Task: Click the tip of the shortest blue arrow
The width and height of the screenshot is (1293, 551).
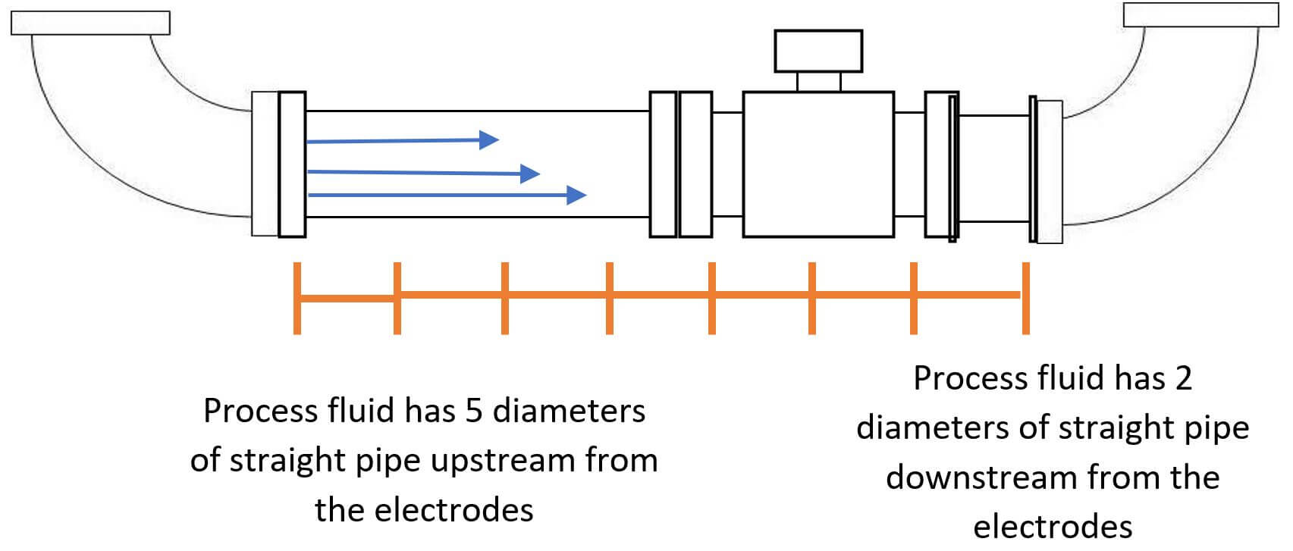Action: (498, 139)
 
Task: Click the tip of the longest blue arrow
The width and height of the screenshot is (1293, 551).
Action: (585, 196)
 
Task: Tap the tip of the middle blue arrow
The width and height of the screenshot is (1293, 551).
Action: (539, 174)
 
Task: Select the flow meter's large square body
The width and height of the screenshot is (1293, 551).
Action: (818, 164)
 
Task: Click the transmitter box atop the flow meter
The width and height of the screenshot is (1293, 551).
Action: (818, 51)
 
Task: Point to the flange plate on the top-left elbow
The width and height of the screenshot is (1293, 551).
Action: (90, 23)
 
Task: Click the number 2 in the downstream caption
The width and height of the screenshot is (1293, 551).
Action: (1183, 378)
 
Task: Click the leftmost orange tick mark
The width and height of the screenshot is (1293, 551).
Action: (297, 298)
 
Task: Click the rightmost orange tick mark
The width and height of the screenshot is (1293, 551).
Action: (1026, 298)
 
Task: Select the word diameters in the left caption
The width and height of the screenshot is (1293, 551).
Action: (569, 411)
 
